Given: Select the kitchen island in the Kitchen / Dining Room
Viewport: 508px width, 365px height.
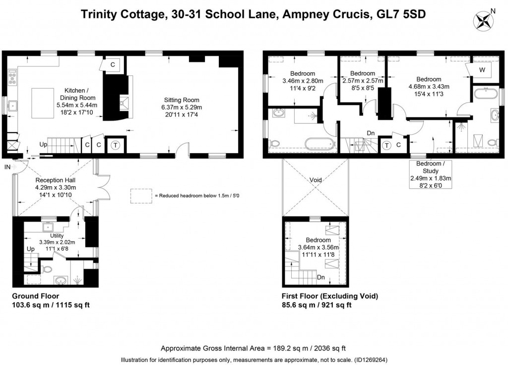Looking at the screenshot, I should tap(47, 103).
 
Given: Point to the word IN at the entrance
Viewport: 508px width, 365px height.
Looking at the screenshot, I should tap(7, 167).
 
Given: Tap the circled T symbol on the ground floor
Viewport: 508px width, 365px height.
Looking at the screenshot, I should tap(115, 145).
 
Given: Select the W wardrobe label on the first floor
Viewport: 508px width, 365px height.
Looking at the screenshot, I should tap(482, 70).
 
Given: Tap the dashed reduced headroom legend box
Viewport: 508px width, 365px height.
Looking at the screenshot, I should tap(140, 196).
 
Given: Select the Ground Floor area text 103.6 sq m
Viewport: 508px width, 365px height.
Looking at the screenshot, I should tap(51, 305).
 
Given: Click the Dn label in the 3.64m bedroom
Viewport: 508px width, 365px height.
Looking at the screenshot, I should tap(321, 277).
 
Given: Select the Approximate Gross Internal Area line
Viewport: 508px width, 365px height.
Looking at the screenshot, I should tap(253, 348).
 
